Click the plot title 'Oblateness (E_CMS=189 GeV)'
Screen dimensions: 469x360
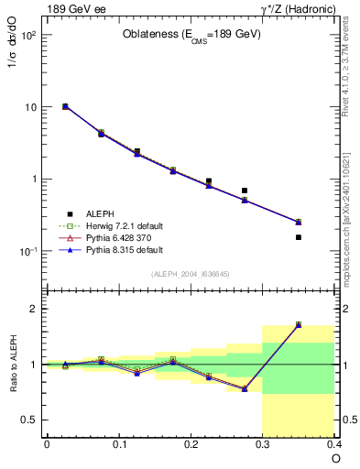pos(191,35)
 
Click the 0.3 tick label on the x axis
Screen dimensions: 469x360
pos(264,444)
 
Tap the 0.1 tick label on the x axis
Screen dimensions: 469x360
pos(118,444)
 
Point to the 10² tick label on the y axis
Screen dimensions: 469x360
pos(27,36)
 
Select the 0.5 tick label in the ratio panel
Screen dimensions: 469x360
pos(28,420)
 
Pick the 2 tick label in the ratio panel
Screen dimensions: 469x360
pos(32,309)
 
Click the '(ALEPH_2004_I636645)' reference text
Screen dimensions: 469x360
pos(191,274)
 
